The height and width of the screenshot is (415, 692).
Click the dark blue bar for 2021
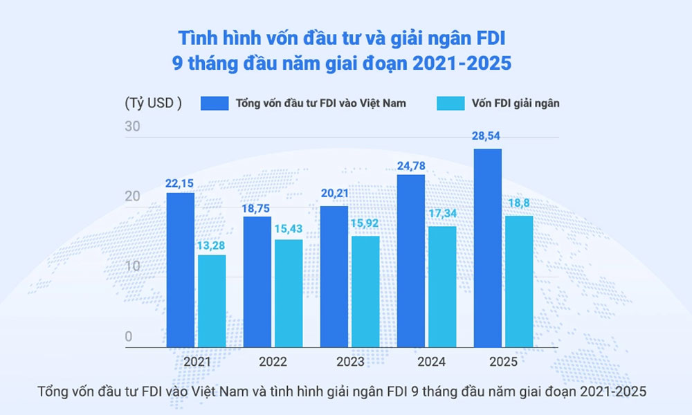181,270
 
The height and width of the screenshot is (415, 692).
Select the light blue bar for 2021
212,301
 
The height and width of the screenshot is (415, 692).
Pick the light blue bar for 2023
365,291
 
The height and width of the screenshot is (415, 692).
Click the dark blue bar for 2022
257,282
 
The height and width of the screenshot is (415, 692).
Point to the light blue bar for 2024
442,286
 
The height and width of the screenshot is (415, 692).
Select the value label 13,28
212,245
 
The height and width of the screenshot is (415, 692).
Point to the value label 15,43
288,229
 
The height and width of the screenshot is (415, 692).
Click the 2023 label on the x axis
350,361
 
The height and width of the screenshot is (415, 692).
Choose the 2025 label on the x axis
503,361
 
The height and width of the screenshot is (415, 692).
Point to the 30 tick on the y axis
133,127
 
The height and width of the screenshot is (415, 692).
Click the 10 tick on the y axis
133,266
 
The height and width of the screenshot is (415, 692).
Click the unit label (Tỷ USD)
153,104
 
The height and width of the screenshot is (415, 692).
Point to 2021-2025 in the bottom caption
603,391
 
